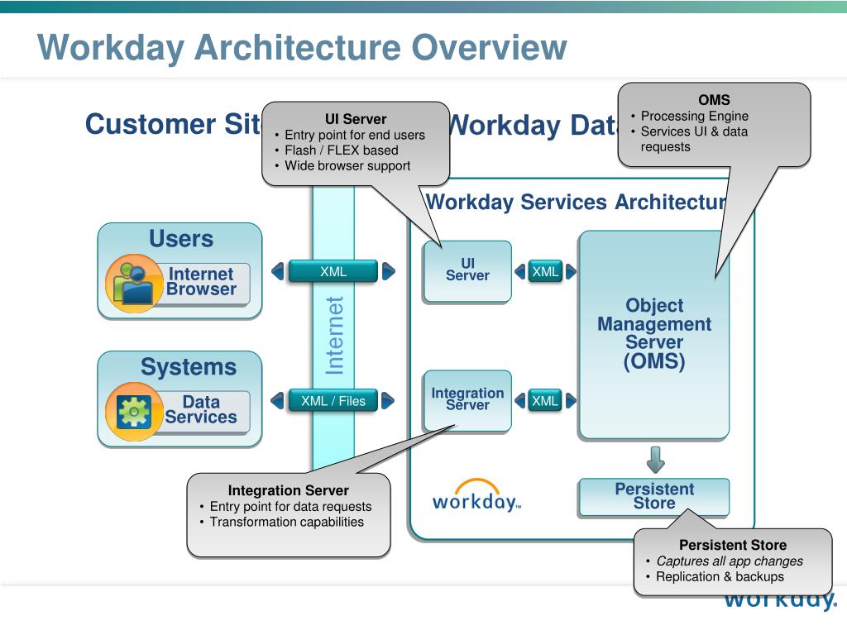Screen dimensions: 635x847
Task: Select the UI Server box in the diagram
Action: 467,270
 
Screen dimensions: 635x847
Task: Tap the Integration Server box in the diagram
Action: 467,399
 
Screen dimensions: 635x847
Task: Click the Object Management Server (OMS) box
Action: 653,334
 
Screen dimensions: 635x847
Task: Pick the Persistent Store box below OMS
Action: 653,496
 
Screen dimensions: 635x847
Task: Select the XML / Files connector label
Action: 333,401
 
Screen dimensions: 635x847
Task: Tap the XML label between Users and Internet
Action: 333,271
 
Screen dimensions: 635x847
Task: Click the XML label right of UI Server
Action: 545,271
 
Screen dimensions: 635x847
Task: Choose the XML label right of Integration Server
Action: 545,401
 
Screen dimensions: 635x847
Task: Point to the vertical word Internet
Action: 334,336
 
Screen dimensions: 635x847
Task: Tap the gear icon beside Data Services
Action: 133,411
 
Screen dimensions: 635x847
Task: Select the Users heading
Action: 180,239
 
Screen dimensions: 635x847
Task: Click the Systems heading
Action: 188,367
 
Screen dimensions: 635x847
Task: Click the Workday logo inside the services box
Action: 476,497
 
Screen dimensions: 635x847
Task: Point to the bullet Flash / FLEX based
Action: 341,150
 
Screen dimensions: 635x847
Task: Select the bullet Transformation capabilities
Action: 286,522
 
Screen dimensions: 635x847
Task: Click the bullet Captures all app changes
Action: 729,561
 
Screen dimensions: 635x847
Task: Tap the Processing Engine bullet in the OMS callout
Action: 694,117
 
